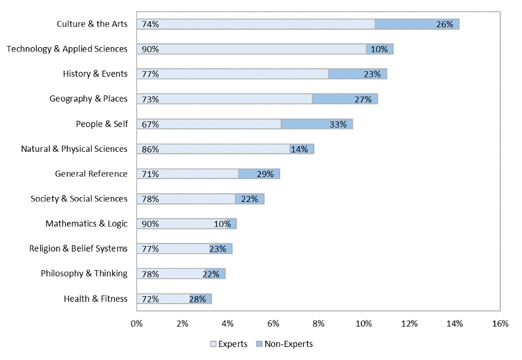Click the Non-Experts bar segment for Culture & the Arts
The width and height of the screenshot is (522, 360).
pyautogui.click(x=417, y=24)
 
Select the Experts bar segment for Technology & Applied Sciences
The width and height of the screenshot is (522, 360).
pyautogui.click(x=251, y=49)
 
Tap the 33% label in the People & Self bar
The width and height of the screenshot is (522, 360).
pyautogui.click(x=338, y=124)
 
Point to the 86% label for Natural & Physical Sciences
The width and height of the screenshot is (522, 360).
pyautogui.click(x=150, y=149)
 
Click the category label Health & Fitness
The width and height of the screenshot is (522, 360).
pyautogui.click(x=95, y=299)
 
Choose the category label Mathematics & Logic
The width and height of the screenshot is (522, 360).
pyautogui.click(x=86, y=224)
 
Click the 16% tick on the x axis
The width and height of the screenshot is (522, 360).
pyautogui.click(x=500, y=323)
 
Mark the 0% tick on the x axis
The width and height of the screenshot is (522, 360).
pyautogui.click(x=136, y=323)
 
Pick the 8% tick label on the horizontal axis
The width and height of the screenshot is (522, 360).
pyautogui.click(x=318, y=323)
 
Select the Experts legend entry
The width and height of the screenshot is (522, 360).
pyautogui.click(x=229, y=344)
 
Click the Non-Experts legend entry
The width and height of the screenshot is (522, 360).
pyautogui.click(x=285, y=344)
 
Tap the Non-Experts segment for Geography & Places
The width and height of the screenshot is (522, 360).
pyautogui.click(x=345, y=99)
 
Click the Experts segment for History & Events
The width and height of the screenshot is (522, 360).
pyautogui.click(x=232, y=74)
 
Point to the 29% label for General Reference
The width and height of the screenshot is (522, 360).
pyautogui.click(x=265, y=174)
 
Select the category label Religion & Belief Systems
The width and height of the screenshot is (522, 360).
pyautogui.click(x=78, y=248)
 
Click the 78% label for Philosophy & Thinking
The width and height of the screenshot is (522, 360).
pyautogui.click(x=150, y=274)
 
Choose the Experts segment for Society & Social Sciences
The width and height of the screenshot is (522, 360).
pyautogui.click(x=186, y=199)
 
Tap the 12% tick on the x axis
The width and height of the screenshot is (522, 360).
pyautogui.click(x=409, y=323)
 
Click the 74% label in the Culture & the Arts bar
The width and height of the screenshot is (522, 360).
pyautogui.click(x=150, y=24)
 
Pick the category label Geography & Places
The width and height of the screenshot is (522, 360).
pyautogui.click(x=89, y=99)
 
